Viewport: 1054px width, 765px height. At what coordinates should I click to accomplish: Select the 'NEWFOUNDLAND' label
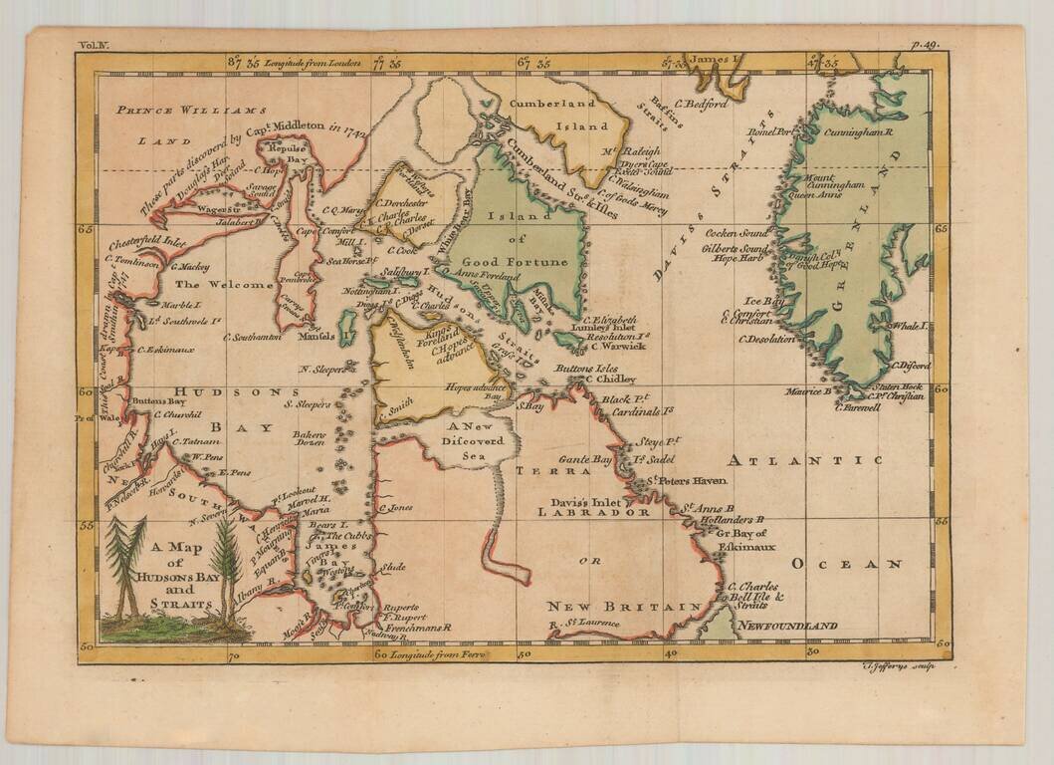pyautogui.click(x=787, y=626)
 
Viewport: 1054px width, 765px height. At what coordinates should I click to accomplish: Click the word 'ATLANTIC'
pyautogui.click(x=803, y=460)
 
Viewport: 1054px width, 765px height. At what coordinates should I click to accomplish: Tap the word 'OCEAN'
pyautogui.click(x=846, y=564)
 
